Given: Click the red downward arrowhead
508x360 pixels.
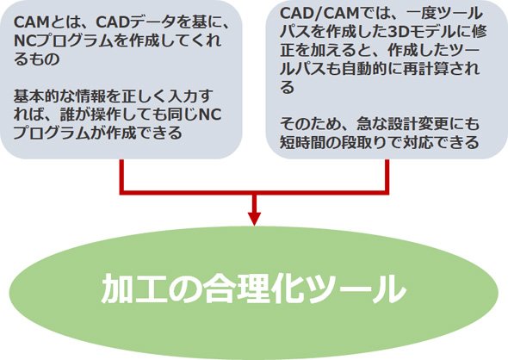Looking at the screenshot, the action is click(x=254, y=219).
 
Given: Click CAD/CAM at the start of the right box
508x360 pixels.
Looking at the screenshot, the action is click(x=319, y=14).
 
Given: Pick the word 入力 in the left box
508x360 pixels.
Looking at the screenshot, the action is click(x=183, y=96).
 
